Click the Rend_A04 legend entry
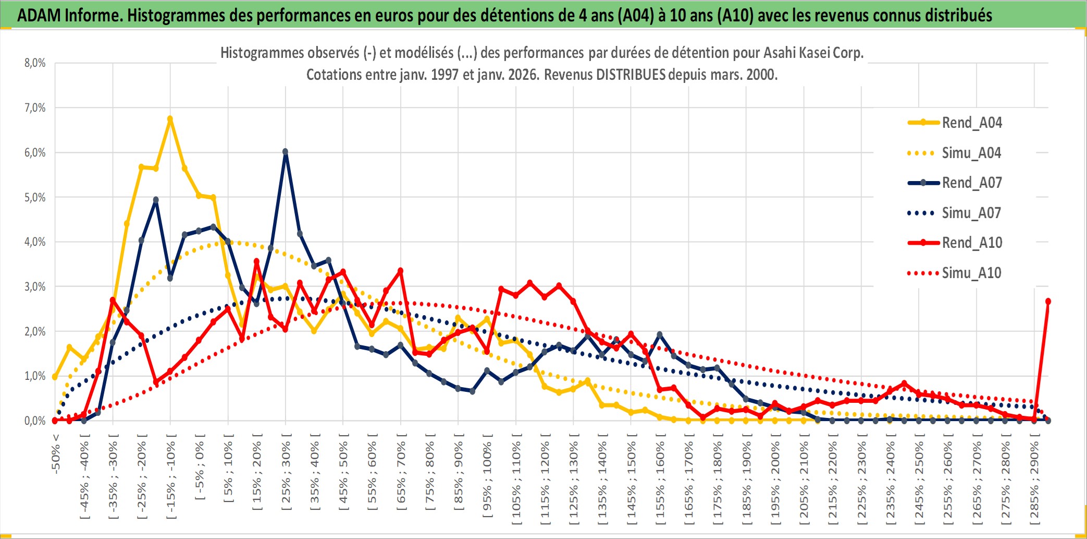pos(971,123)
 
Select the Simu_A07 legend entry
pos(971,213)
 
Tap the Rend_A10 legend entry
pos(971,243)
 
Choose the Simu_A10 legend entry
pos(971,273)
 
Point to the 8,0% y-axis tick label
pos(35,63)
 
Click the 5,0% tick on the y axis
pos(35,197)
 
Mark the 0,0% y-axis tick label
pos(35,421)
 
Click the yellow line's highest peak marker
pos(170,119)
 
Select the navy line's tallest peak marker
pos(285,152)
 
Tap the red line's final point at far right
pos(1048,302)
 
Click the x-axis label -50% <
pos(56,453)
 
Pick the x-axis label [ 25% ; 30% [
pos(286,475)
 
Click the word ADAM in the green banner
pos(39,15)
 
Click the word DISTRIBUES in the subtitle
pos(631,75)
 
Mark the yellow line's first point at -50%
pos(55,376)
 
